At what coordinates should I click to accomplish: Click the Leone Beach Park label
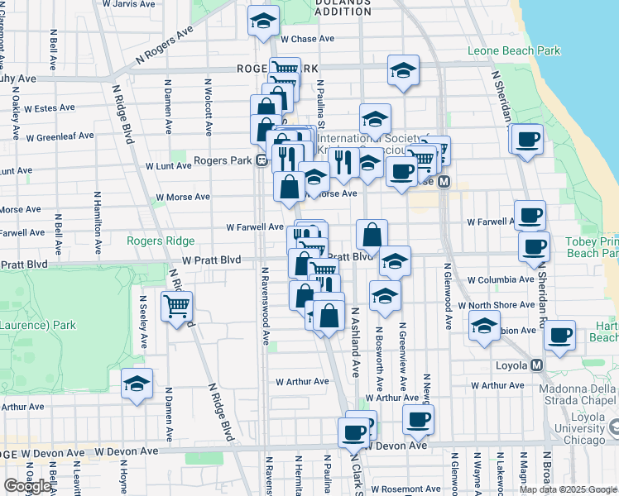513,51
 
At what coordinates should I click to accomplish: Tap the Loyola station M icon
537,365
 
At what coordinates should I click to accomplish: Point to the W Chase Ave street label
307,39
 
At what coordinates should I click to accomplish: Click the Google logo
27,486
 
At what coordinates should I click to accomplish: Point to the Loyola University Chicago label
584,434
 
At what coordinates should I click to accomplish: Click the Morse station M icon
444,182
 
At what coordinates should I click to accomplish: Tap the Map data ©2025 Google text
567,489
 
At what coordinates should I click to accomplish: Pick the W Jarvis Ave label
130,4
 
